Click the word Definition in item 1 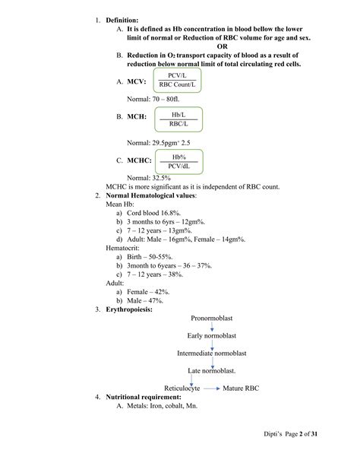click(122, 18)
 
